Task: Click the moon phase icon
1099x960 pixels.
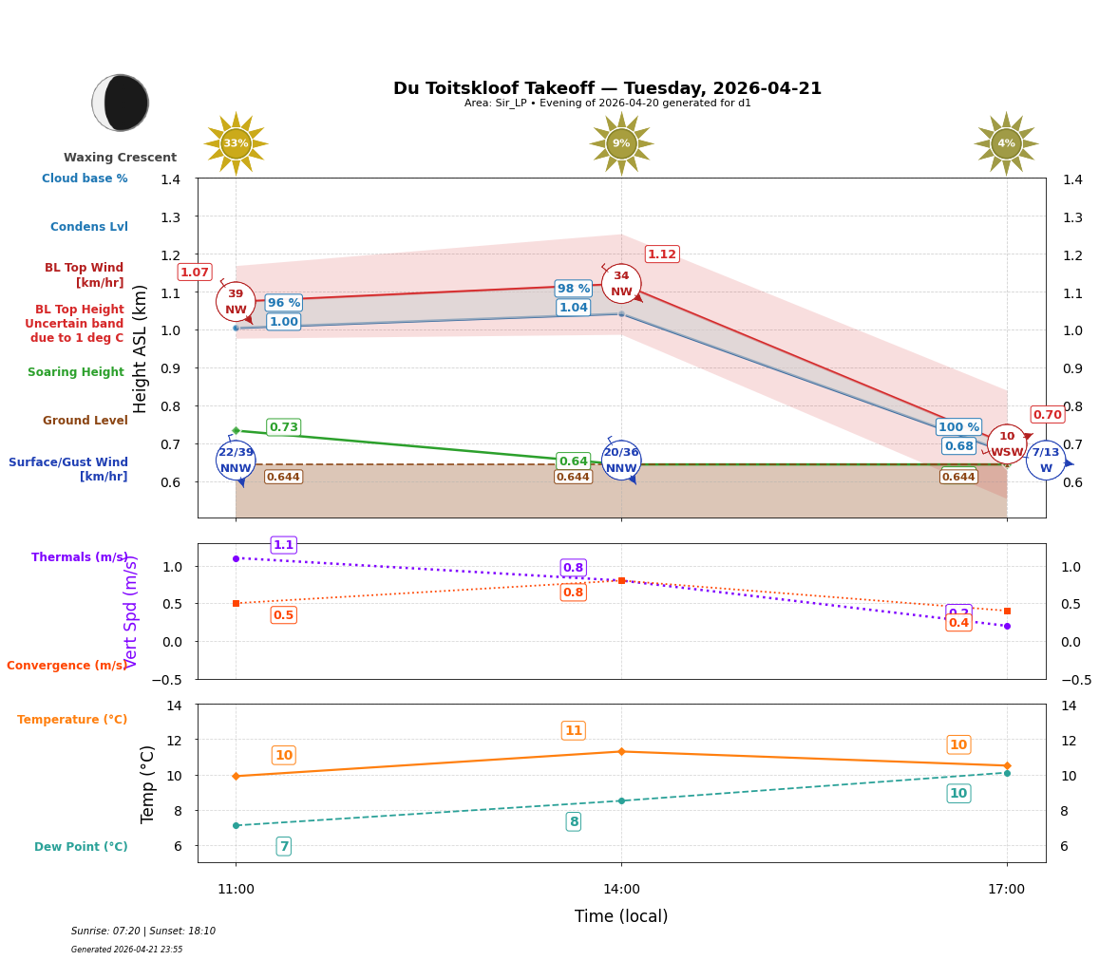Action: (x=121, y=103)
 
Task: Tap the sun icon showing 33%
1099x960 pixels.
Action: (x=236, y=143)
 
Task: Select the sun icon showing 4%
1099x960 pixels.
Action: (x=1006, y=143)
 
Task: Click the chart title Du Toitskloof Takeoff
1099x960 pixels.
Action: (x=607, y=88)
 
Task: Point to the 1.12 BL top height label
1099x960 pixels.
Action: (x=661, y=254)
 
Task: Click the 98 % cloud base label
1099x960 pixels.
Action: (x=574, y=289)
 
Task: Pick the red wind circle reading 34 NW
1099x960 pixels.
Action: (x=621, y=284)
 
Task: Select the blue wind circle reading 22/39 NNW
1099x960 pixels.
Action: (x=236, y=461)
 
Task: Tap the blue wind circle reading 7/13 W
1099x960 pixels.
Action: (x=1045, y=461)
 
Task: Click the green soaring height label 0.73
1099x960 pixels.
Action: (x=283, y=427)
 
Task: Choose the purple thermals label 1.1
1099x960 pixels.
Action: (x=283, y=545)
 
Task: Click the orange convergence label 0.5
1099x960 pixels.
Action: (x=283, y=615)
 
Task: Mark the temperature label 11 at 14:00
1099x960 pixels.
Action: (x=573, y=730)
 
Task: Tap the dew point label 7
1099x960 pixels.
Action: (x=283, y=846)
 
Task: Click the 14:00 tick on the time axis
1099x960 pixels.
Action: (x=621, y=890)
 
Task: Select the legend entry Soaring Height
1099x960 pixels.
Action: (x=76, y=372)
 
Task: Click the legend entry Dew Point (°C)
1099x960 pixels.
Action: (x=81, y=847)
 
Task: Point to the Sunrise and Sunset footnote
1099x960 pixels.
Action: (x=143, y=932)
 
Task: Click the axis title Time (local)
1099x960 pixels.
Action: (x=621, y=916)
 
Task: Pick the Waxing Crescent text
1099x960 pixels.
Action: (x=120, y=158)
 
